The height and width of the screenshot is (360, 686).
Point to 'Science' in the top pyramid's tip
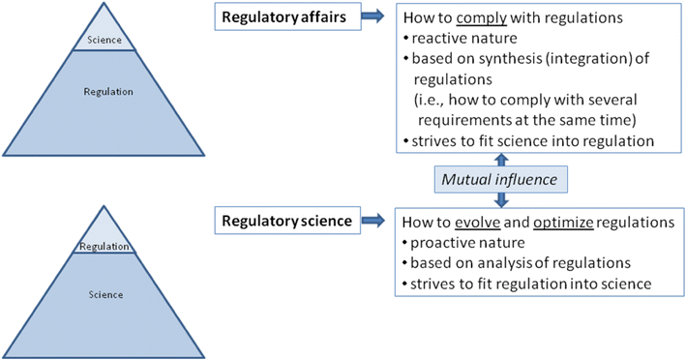pyautogui.click(x=105, y=40)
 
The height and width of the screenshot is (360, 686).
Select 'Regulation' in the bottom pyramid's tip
pyautogui.click(x=104, y=247)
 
